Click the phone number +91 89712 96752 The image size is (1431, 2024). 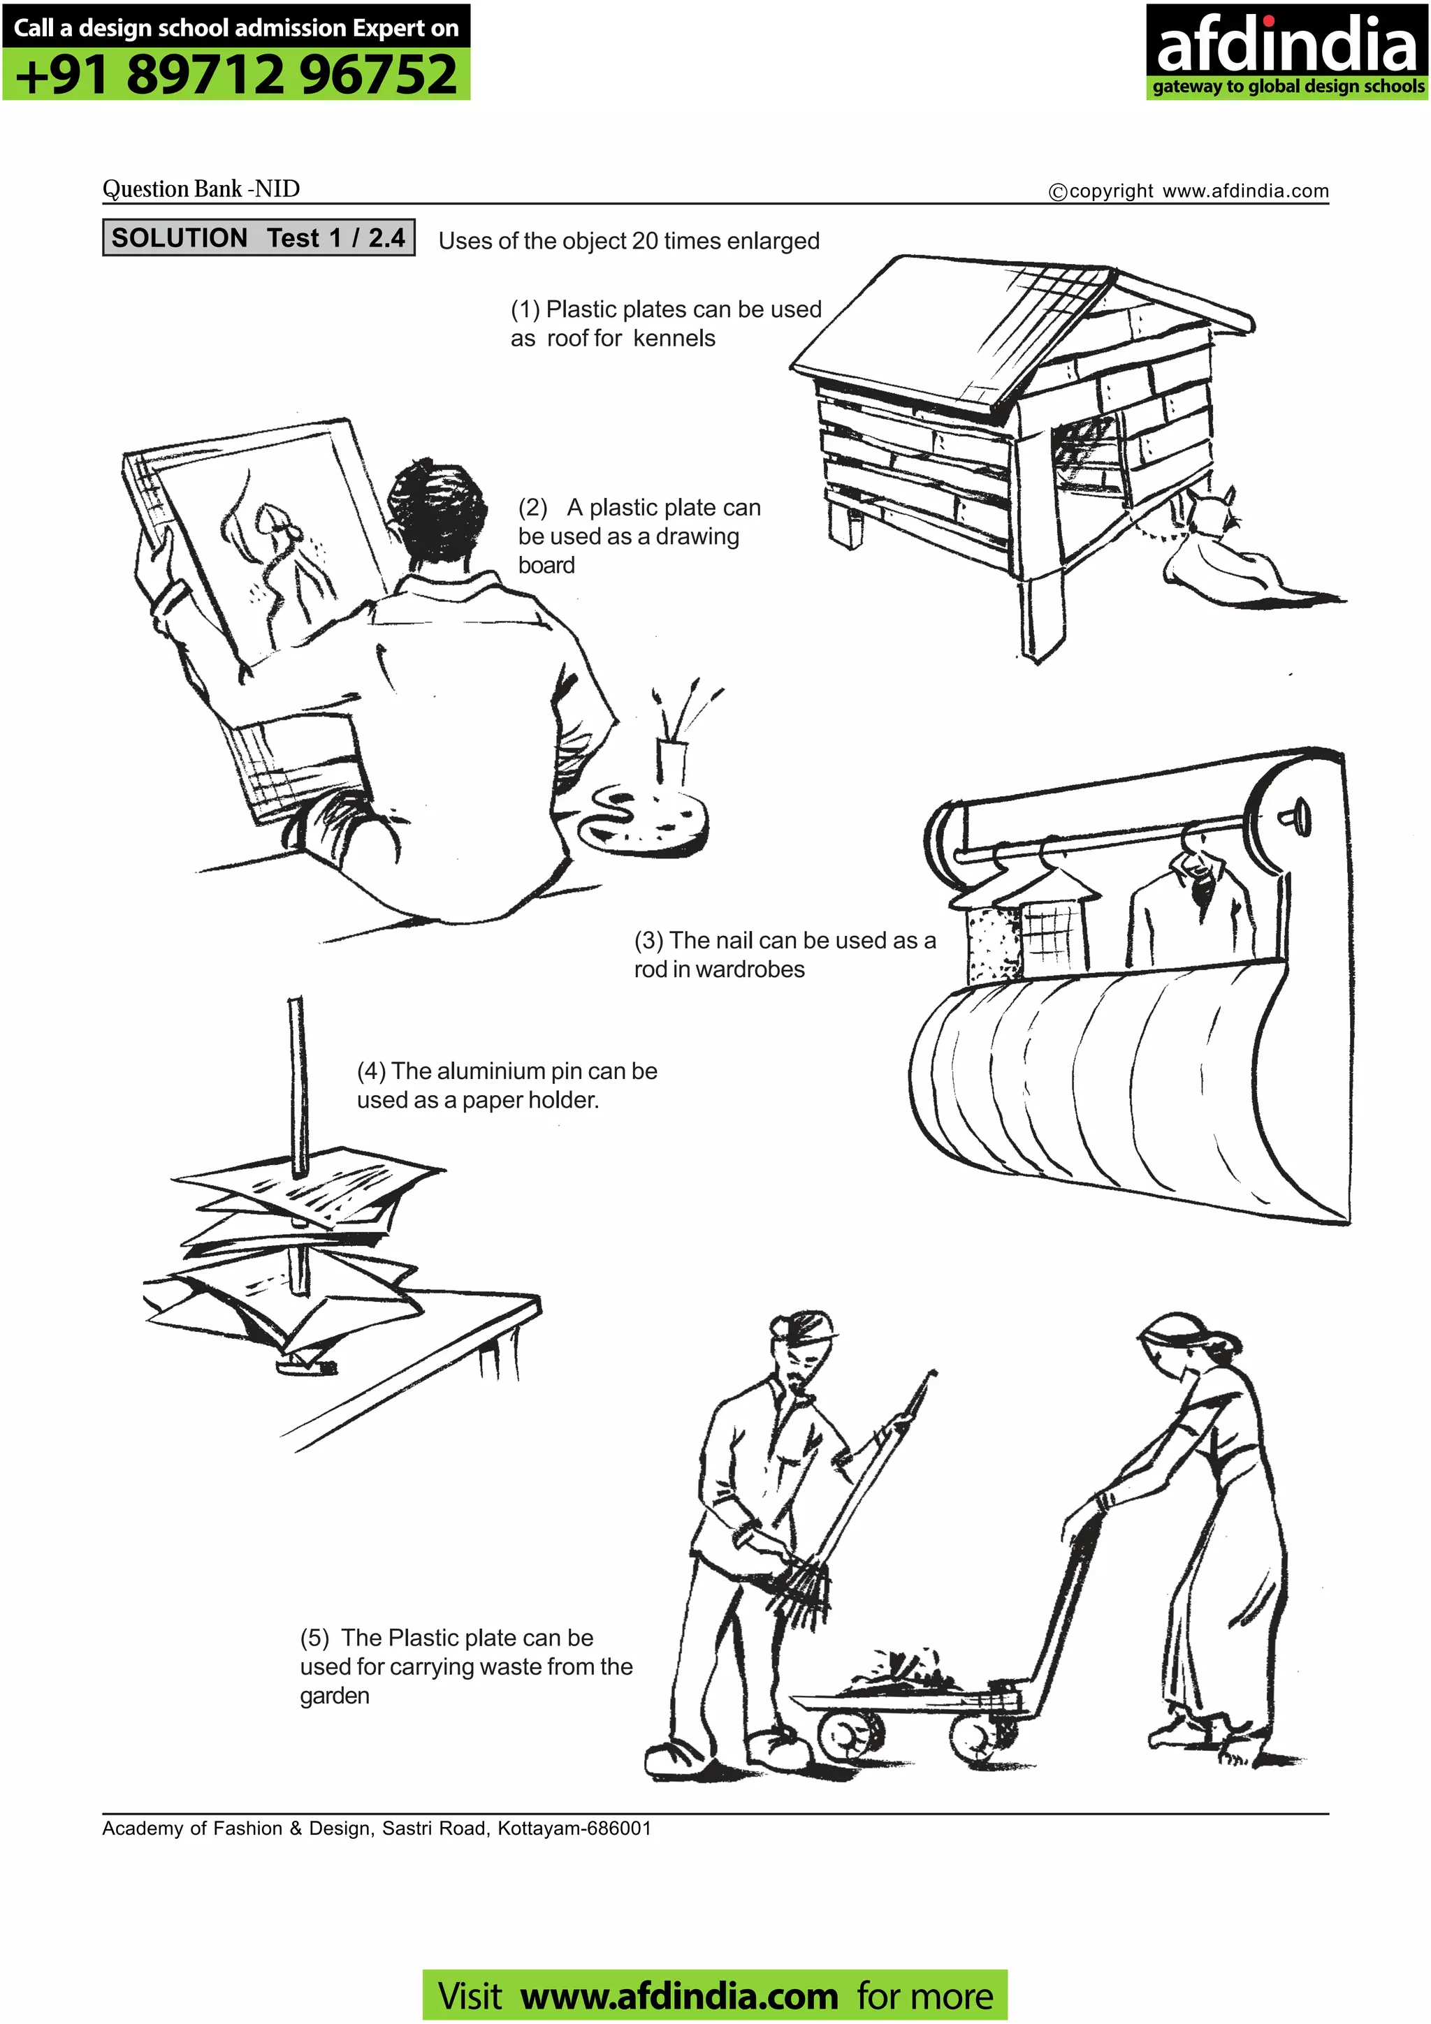click(236, 75)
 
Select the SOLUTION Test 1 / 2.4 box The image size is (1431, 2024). click(259, 238)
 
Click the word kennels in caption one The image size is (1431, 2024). click(674, 339)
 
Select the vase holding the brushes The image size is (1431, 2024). click(671, 763)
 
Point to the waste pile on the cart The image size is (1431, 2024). click(899, 1671)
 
